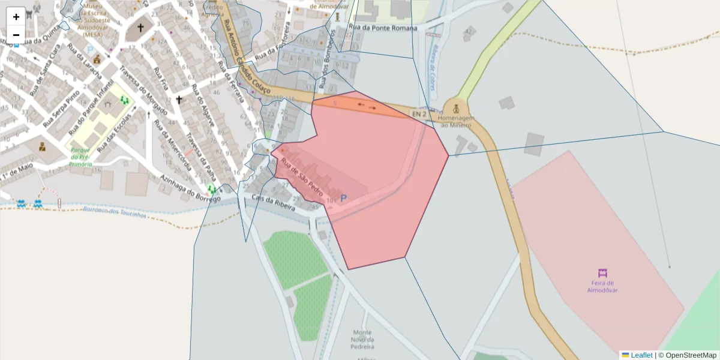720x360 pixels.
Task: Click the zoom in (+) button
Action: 16,17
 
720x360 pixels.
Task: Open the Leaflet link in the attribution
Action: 641,355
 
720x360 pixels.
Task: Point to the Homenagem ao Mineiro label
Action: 457,121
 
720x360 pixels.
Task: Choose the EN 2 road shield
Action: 418,113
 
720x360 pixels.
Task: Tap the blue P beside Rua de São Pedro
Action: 344,197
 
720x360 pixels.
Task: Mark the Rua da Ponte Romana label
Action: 378,28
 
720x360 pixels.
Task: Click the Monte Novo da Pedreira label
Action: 362,340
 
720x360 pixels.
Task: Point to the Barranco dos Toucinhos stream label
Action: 114,212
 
